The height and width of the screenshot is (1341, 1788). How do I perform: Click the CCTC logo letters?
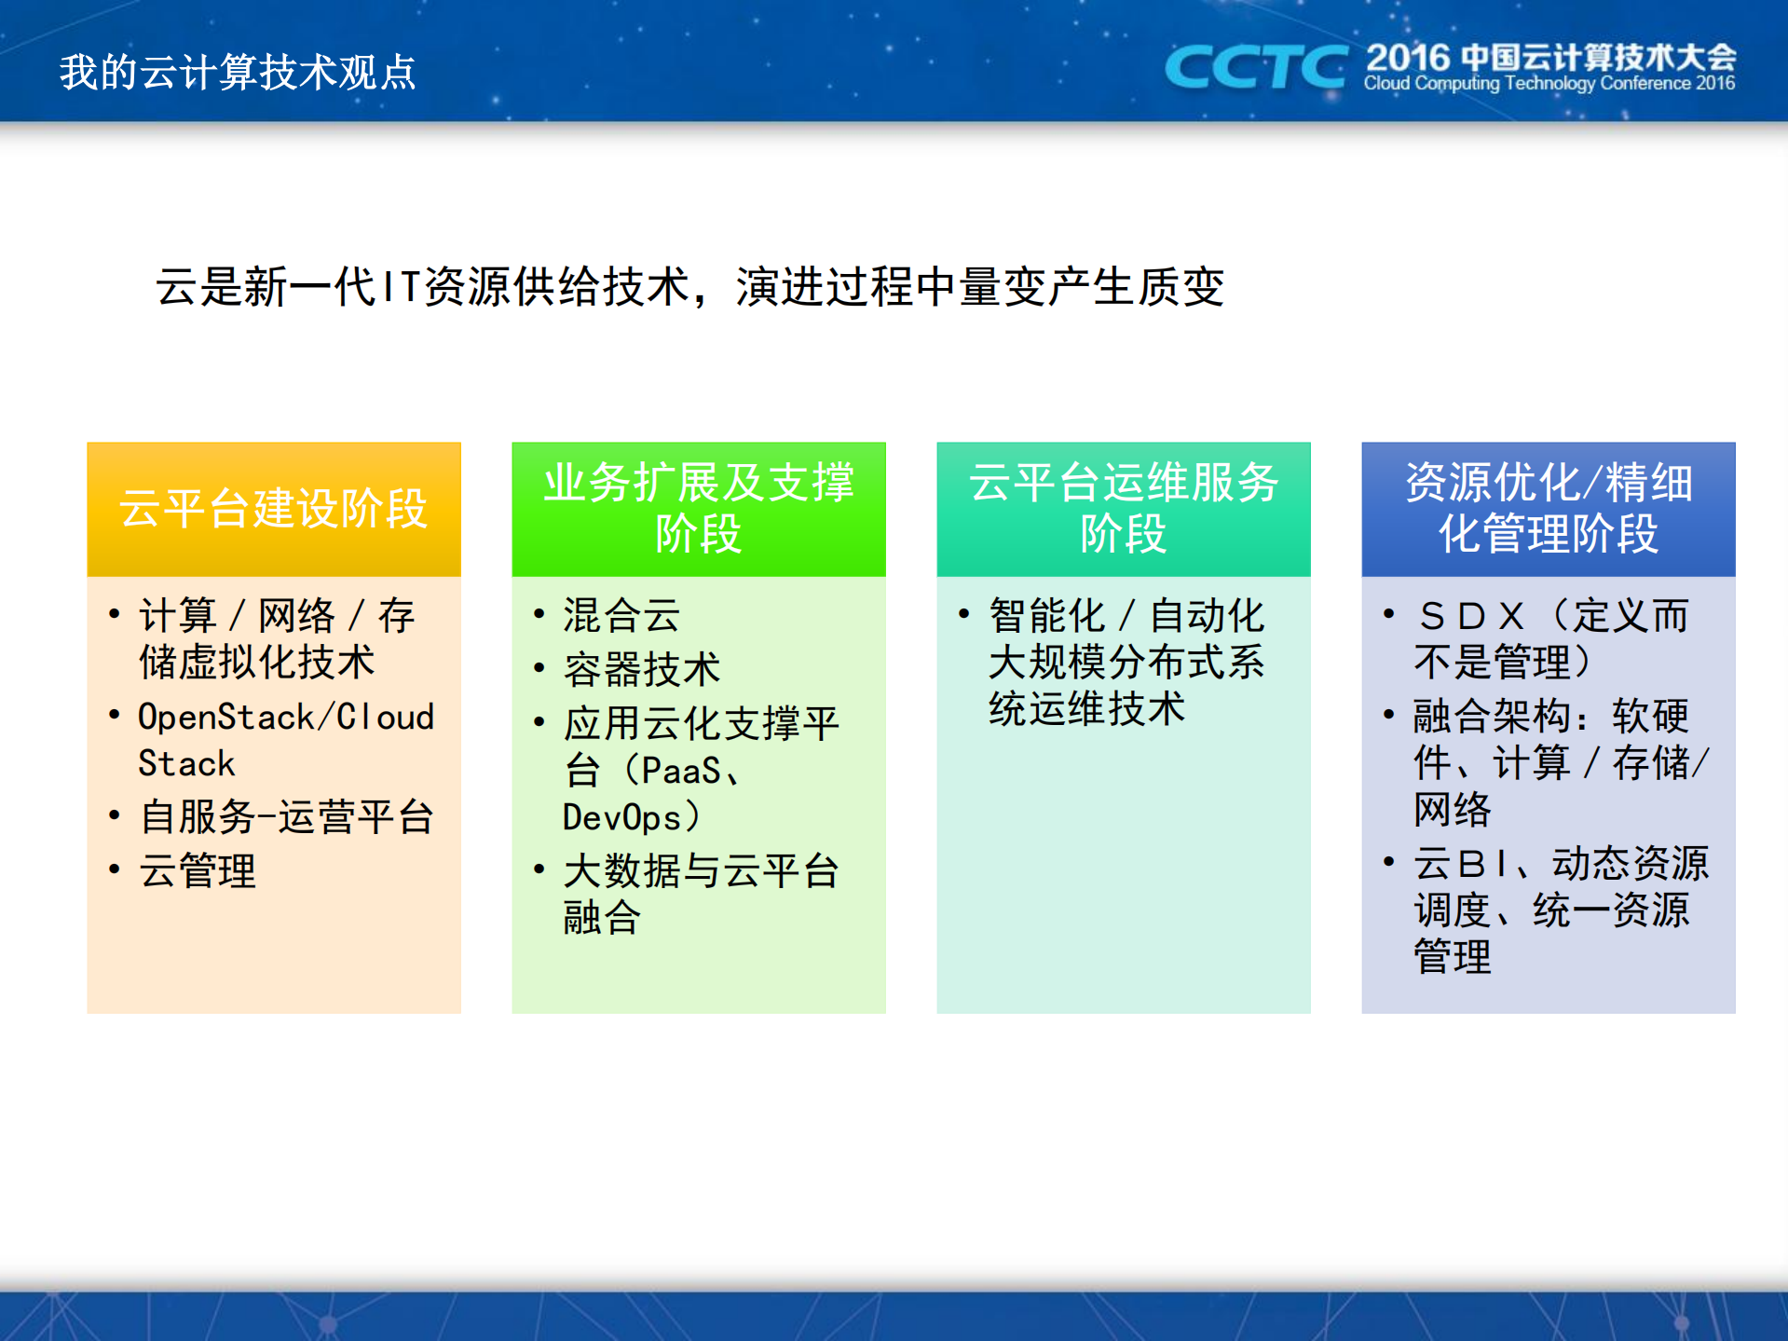click(x=1254, y=67)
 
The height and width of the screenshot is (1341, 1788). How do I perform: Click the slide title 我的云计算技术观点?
click(x=238, y=73)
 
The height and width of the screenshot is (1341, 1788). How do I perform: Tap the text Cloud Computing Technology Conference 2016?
click(x=1549, y=84)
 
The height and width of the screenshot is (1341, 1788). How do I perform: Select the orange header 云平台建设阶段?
click(x=274, y=509)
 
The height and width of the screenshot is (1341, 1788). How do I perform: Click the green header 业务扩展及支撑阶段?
click(x=699, y=509)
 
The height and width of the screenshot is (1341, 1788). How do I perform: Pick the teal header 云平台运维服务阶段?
click(x=1123, y=509)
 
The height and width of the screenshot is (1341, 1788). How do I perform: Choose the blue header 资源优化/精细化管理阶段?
click(x=1548, y=509)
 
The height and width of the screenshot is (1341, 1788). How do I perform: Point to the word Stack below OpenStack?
click(x=186, y=763)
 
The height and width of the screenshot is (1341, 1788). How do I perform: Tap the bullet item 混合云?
click(x=621, y=615)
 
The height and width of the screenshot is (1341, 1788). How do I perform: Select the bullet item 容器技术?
click(x=641, y=669)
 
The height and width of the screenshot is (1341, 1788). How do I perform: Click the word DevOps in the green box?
click(x=622, y=817)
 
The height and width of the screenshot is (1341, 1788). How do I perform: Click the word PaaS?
click(x=680, y=771)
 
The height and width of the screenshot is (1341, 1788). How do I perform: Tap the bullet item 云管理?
click(x=197, y=870)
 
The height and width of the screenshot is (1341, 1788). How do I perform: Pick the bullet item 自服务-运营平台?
click(x=286, y=816)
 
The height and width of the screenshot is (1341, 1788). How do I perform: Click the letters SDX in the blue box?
click(x=1471, y=616)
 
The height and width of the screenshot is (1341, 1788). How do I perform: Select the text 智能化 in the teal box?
click(x=1046, y=616)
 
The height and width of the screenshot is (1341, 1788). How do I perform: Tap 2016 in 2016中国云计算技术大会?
click(x=1408, y=58)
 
